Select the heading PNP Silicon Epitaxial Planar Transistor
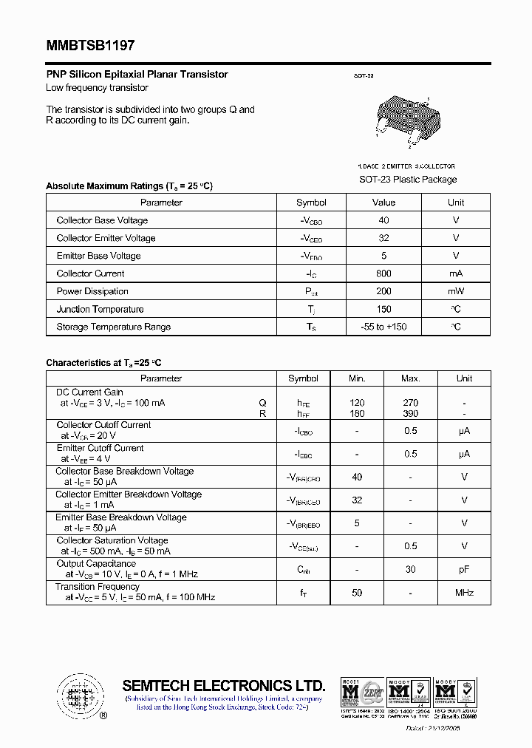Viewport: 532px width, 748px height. tap(137, 75)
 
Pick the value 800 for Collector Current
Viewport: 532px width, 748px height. tap(383, 273)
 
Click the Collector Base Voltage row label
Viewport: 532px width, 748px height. tap(102, 220)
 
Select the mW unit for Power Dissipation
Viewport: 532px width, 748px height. tap(456, 291)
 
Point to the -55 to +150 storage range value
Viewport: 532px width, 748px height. tap(383, 327)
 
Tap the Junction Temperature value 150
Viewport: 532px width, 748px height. tap(383, 309)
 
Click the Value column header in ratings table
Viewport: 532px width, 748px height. tap(383, 203)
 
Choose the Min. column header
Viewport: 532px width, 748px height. tap(357, 378)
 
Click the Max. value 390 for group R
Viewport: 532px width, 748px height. tap(410, 413)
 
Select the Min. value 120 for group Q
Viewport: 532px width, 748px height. tap(357, 403)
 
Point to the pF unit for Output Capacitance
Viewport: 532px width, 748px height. tap(464, 569)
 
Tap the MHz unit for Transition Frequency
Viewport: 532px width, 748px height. tap(464, 593)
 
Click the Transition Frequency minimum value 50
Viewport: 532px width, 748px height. tap(357, 593)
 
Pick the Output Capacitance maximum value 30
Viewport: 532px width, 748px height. tap(410, 569)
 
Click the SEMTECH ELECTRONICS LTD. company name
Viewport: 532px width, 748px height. tap(223, 685)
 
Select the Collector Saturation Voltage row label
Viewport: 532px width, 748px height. tap(112, 540)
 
